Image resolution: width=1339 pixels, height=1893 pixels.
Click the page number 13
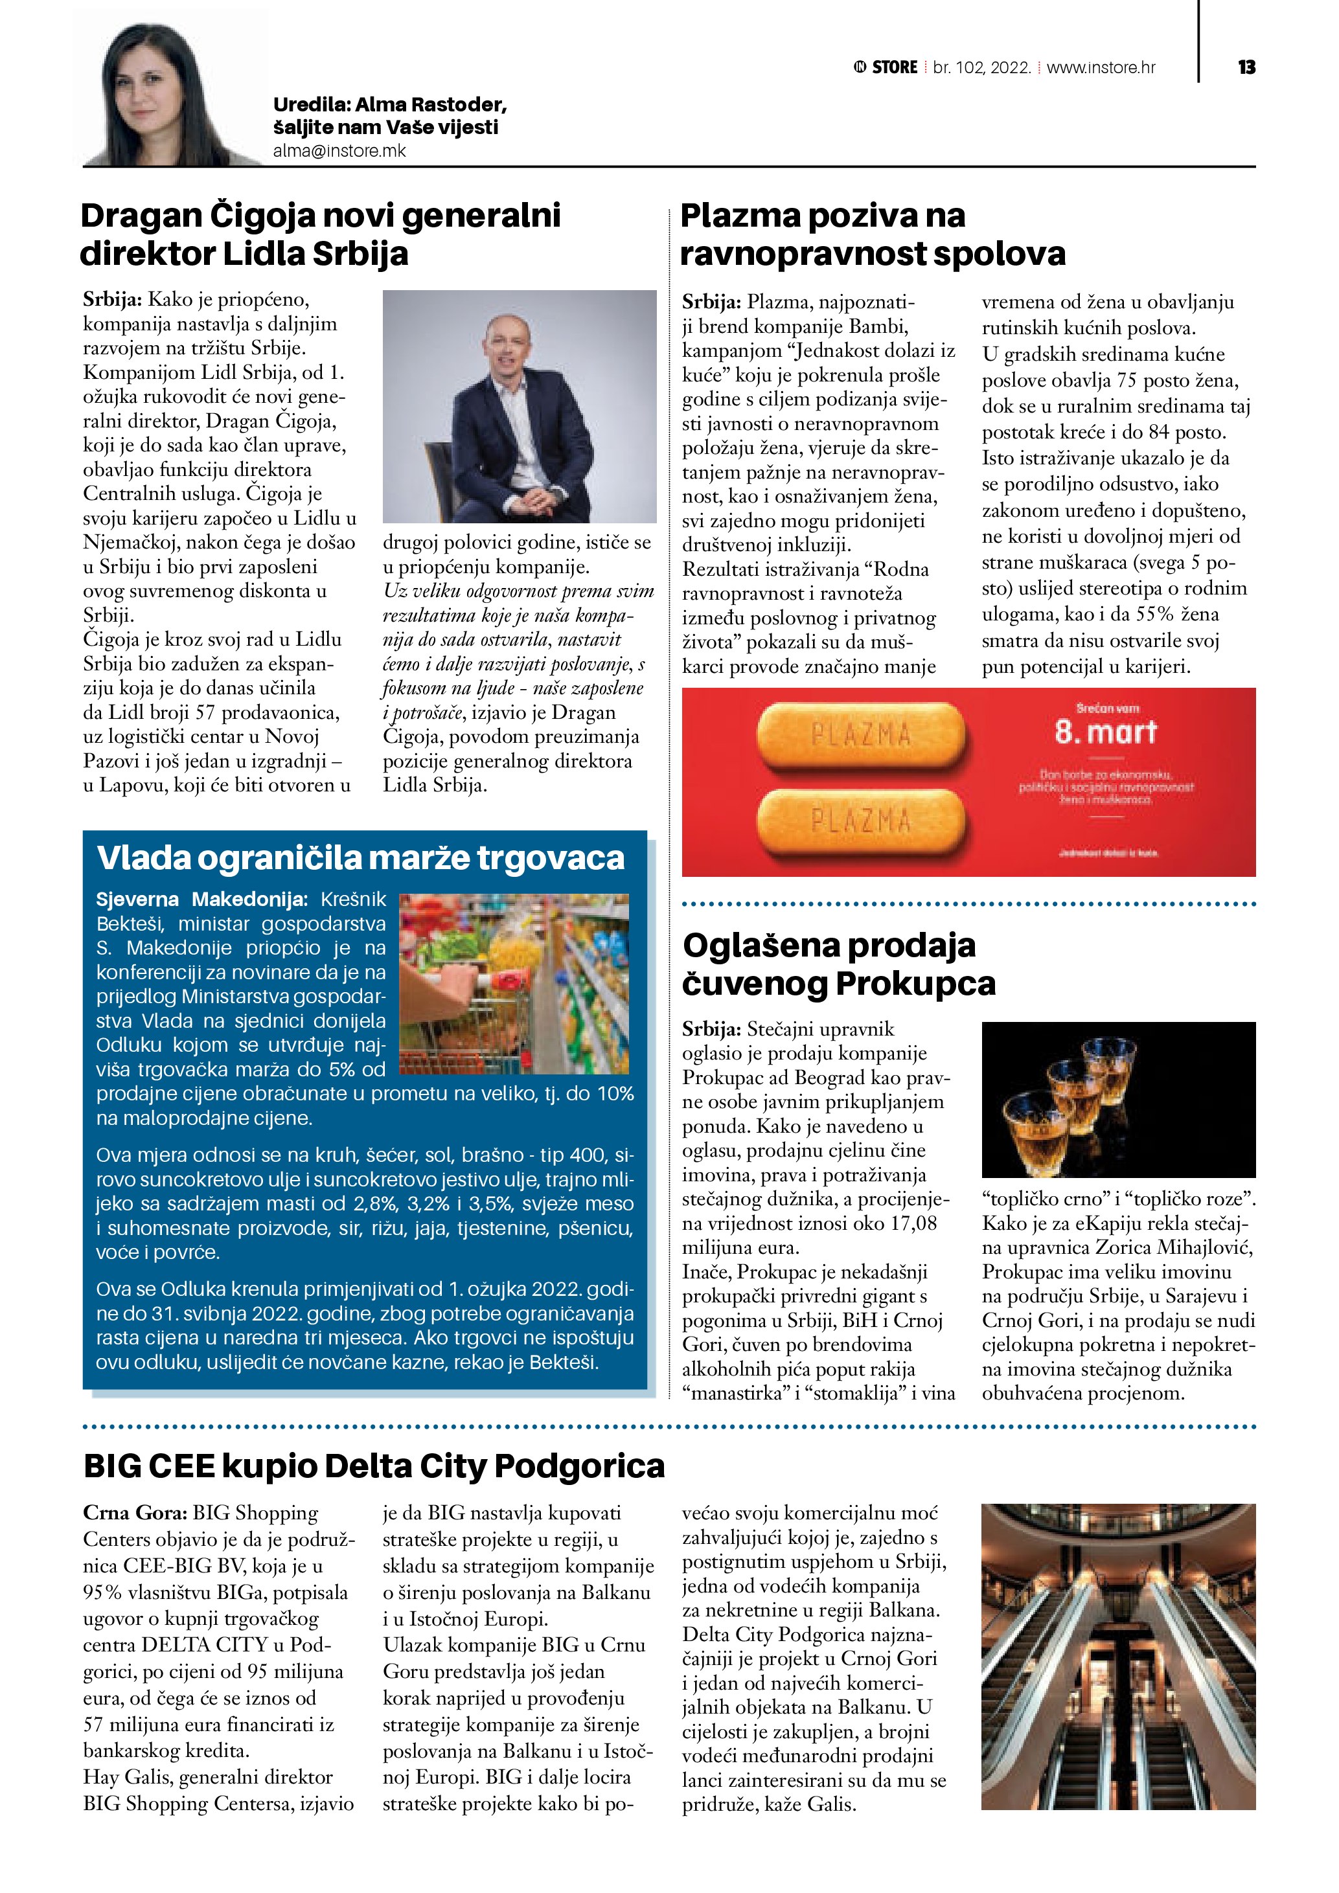click(x=1246, y=67)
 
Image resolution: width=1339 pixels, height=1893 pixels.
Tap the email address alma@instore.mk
click(x=339, y=151)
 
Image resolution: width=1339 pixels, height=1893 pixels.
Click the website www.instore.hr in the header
click(x=1101, y=67)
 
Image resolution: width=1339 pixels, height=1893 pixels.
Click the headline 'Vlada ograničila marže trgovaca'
click(x=360, y=857)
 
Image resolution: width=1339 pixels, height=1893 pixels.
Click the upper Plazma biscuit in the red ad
click(x=860, y=734)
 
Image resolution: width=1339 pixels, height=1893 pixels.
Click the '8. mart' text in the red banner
click(x=1106, y=731)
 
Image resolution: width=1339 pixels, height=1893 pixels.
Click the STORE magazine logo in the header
click(x=886, y=67)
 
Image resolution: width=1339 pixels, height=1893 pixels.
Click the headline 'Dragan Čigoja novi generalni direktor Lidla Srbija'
click(x=321, y=234)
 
